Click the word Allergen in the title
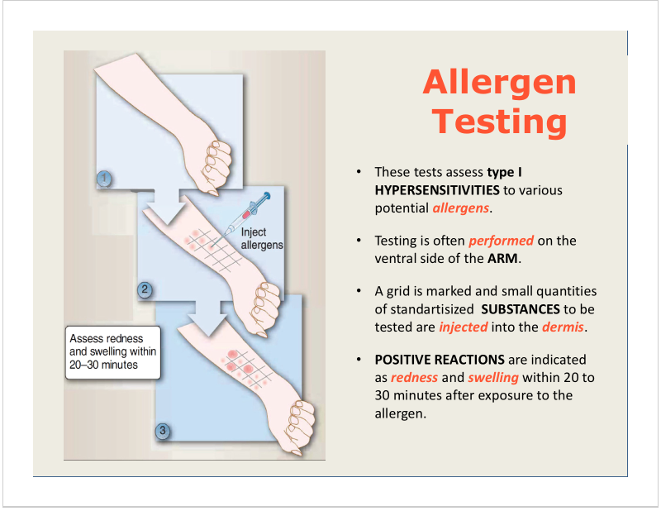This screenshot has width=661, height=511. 500,84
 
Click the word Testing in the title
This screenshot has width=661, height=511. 500,121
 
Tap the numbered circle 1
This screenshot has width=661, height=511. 104,179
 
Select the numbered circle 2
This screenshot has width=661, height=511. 145,290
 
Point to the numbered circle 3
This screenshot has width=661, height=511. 163,432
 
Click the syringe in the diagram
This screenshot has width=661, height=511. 242,218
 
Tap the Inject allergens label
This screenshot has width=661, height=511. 262,238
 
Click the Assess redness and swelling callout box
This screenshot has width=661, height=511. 113,352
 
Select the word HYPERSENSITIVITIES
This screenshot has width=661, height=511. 437,190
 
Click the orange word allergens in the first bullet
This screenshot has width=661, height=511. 461,208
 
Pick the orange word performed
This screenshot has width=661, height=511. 502,241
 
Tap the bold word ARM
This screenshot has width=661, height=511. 502,258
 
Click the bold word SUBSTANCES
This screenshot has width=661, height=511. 521,309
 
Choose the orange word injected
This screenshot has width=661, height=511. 464,327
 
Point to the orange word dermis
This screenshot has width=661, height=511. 563,327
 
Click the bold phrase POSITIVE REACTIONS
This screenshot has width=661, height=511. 440,360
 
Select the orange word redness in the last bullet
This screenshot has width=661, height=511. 415,377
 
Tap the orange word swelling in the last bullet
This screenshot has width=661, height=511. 493,378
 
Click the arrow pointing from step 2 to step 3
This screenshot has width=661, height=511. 208,317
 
